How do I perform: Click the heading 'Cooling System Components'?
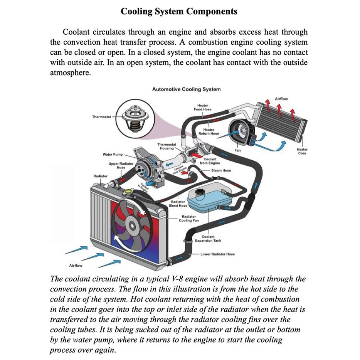click(x=179, y=11)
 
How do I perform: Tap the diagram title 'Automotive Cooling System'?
click(x=186, y=89)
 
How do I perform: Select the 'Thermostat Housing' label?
click(x=167, y=146)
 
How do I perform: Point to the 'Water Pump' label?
click(x=113, y=155)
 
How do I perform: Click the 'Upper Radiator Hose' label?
click(x=121, y=166)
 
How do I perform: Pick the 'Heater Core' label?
click(x=302, y=151)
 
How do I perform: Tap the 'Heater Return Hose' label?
click(x=209, y=132)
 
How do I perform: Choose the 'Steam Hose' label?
click(x=221, y=170)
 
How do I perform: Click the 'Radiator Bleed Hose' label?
click(x=178, y=204)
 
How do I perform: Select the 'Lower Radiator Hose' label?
click(x=217, y=254)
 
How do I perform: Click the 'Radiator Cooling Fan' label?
click(x=189, y=219)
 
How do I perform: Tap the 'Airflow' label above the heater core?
click(x=281, y=99)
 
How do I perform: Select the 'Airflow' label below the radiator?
click(x=76, y=266)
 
